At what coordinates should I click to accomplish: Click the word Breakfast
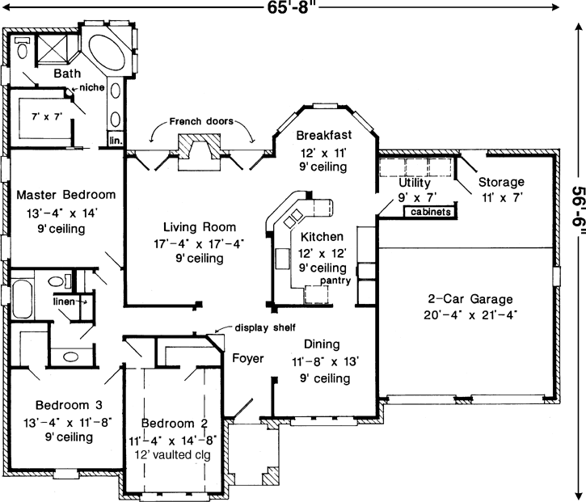323,134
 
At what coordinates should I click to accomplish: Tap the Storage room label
500,182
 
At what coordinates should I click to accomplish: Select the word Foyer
247,358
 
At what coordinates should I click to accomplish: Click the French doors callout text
201,121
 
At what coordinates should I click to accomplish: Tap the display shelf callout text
265,327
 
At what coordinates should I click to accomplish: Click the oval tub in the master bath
105,53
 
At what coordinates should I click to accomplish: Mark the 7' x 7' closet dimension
46,116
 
